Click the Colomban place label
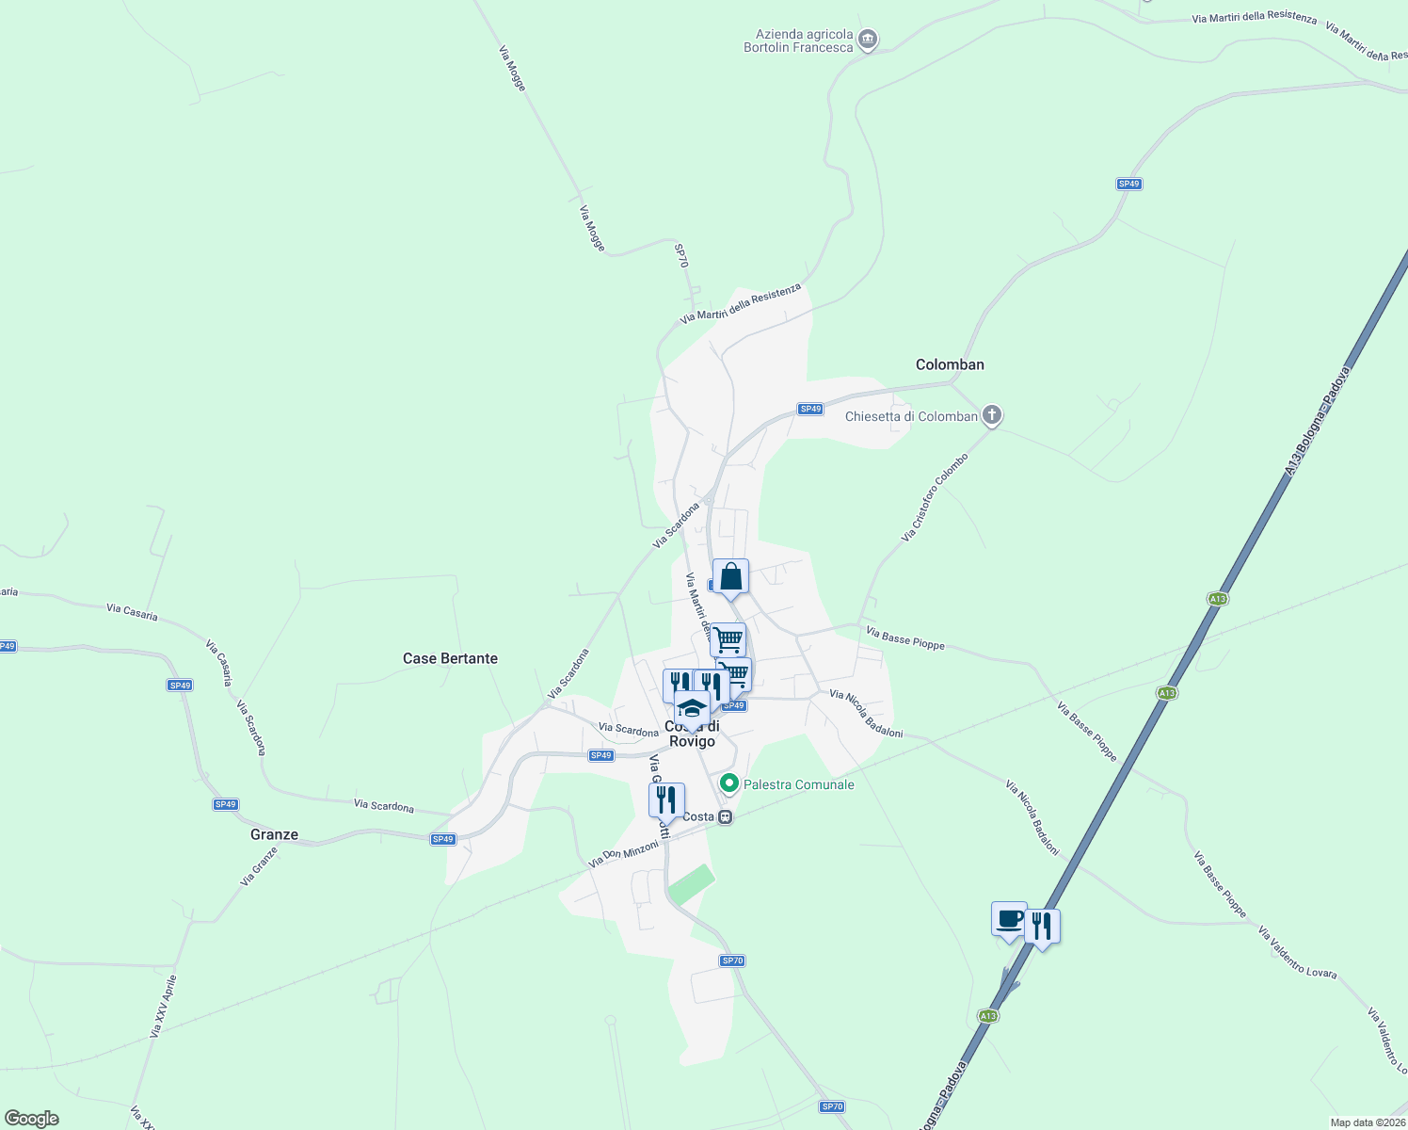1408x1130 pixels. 950,364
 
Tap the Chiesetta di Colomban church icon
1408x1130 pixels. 991,415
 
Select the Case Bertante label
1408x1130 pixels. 450,658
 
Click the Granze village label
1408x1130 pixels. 274,834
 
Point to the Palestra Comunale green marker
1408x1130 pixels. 728,783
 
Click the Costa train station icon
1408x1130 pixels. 725,816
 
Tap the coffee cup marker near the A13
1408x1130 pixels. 1009,919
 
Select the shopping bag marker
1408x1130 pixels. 730,576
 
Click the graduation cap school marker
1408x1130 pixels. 692,708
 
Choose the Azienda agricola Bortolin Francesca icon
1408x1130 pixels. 868,40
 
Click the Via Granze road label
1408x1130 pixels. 260,867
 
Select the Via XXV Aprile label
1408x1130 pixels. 163,1007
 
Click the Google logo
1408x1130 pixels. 32,1119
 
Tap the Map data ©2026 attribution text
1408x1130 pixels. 1367,1122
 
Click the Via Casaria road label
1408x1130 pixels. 132,612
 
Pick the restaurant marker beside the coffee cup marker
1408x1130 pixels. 1041,927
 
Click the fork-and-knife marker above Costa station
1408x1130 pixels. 666,800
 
